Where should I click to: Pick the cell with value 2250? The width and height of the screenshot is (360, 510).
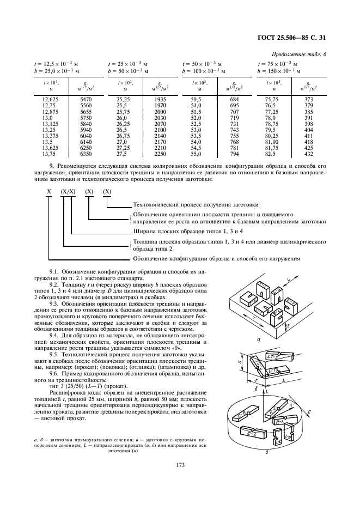tap(159, 154)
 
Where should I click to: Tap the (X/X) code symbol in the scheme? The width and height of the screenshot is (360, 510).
tap(68, 192)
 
